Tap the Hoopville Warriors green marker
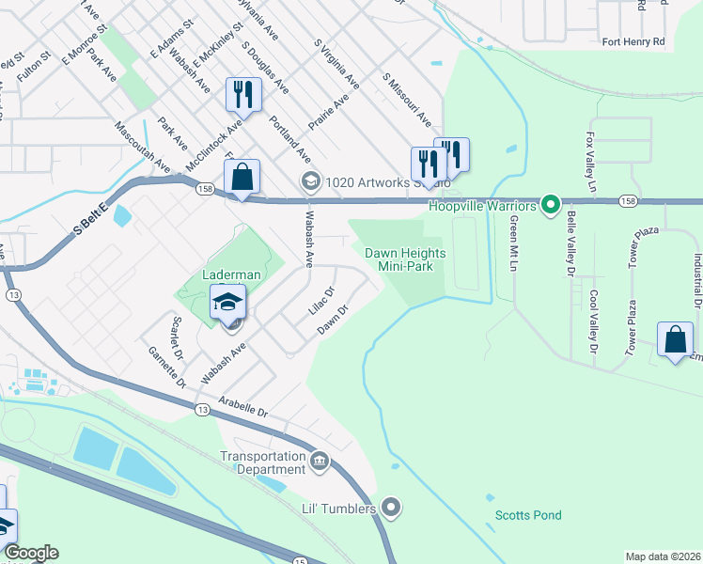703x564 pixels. (x=553, y=204)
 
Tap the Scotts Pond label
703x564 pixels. (x=528, y=515)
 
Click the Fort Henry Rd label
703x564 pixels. (x=633, y=42)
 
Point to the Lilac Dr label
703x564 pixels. (x=321, y=301)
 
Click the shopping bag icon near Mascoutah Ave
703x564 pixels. (x=242, y=176)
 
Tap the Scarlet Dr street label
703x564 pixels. (x=176, y=330)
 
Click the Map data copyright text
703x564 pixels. (x=664, y=556)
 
